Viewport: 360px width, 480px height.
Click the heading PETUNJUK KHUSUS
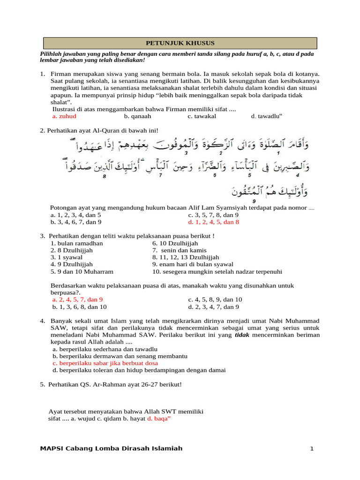pos(180,43)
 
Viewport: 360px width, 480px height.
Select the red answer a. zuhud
pos(64,116)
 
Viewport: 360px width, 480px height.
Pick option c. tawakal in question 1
pos(202,116)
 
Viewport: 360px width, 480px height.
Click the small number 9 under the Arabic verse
pos(254,200)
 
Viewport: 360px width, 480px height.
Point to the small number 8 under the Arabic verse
pos(104,176)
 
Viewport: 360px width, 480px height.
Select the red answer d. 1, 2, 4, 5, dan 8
pos(213,222)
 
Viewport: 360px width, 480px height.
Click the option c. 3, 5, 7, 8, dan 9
pos(213,215)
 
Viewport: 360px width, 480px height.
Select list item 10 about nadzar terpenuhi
pos(217,271)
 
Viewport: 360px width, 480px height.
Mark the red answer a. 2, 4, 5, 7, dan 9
pos(77,300)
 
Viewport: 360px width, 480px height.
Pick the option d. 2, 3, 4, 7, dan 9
pos(213,307)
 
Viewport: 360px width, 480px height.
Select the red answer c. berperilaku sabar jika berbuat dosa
pos(105,363)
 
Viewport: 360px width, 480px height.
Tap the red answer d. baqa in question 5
pos(158,419)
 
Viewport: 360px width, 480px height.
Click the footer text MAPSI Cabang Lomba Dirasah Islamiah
pos(111,449)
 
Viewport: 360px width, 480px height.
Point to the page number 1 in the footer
pos(311,449)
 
